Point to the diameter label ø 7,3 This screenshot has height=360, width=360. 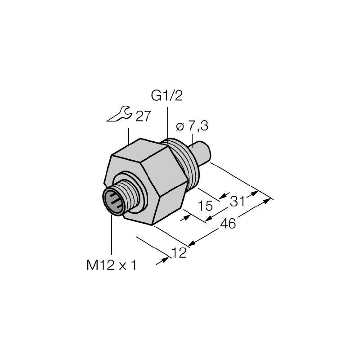(192, 127)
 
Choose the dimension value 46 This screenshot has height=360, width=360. (229, 224)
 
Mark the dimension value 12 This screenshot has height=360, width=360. (180, 254)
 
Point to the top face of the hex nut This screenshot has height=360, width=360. (135, 149)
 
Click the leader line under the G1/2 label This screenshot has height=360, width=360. (167, 121)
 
